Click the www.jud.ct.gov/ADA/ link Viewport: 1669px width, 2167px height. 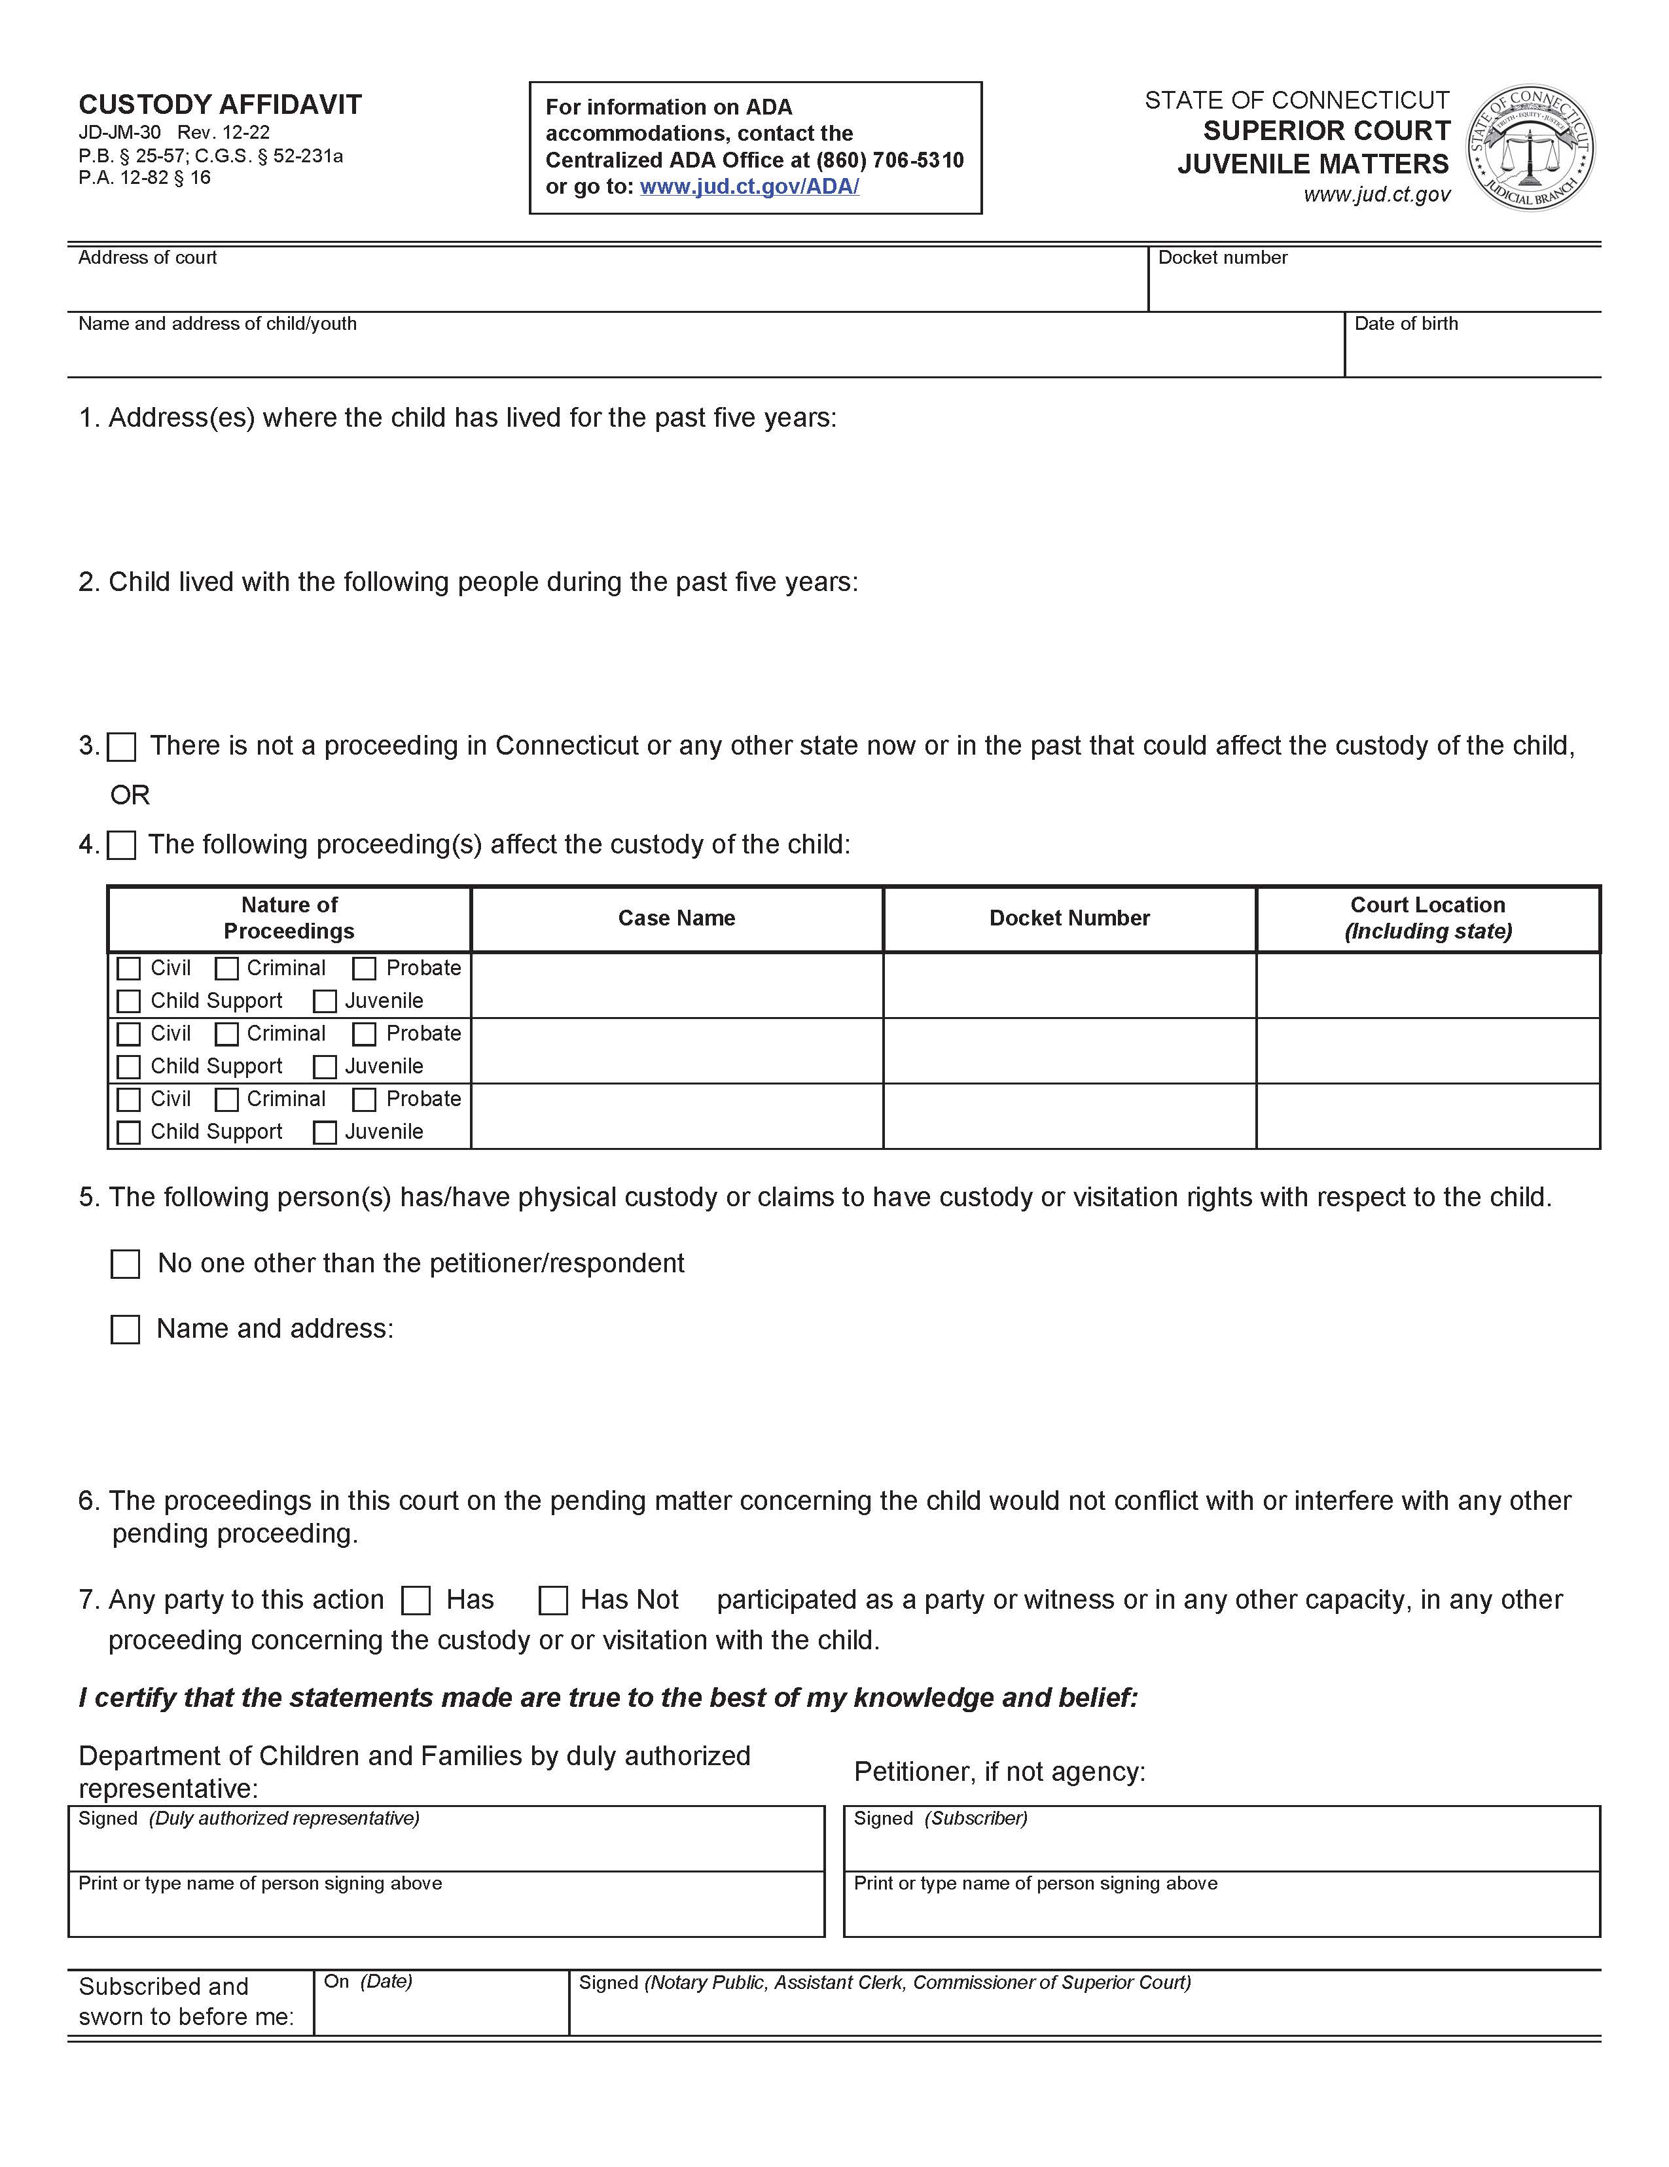(749, 187)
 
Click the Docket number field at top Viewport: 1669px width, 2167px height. (1373, 286)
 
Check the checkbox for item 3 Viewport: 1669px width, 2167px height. (121, 747)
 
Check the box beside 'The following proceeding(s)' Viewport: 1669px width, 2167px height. (121, 846)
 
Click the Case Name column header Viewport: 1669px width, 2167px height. (677, 918)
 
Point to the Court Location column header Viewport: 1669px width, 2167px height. (1427, 918)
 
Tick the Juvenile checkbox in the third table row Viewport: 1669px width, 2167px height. (325, 1132)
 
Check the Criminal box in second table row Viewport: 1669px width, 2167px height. (227, 1034)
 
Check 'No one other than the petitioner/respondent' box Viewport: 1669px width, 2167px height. (125, 1264)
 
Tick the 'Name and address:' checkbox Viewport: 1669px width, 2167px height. (125, 1329)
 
